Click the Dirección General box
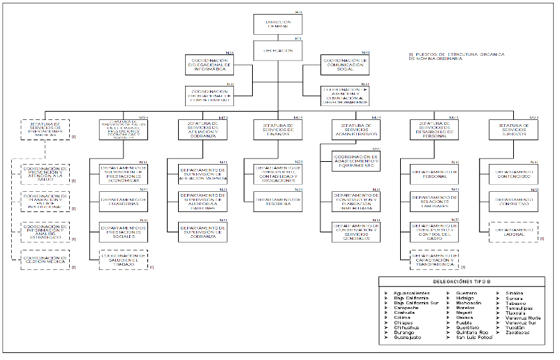pos(278,24)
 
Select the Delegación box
pos(278,50)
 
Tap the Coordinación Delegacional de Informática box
pos(209,65)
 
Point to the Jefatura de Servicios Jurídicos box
pos(514,129)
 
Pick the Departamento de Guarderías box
pos(124,201)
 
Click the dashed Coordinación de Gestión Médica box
pos(45,260)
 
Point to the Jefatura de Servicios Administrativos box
pos(356,129)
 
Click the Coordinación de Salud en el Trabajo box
pos(124,259)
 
